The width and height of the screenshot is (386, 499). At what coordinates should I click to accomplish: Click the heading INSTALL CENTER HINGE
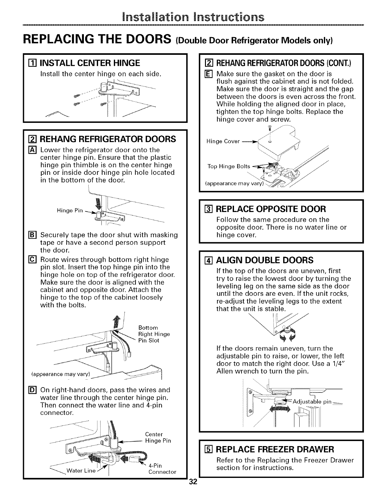90,63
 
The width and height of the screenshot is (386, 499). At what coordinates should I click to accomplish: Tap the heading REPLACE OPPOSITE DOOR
271,209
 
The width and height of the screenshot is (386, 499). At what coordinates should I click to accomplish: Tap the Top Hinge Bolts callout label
229,166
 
